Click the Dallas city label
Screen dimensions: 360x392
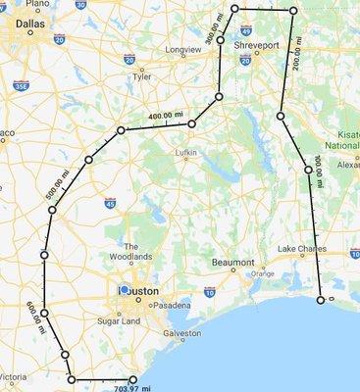pos(23,30)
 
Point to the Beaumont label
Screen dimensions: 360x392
pos(232,263)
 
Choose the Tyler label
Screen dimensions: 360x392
pos(142,74)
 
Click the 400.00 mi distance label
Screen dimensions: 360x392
pos(164,117)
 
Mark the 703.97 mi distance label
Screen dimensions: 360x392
pos(133,387)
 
